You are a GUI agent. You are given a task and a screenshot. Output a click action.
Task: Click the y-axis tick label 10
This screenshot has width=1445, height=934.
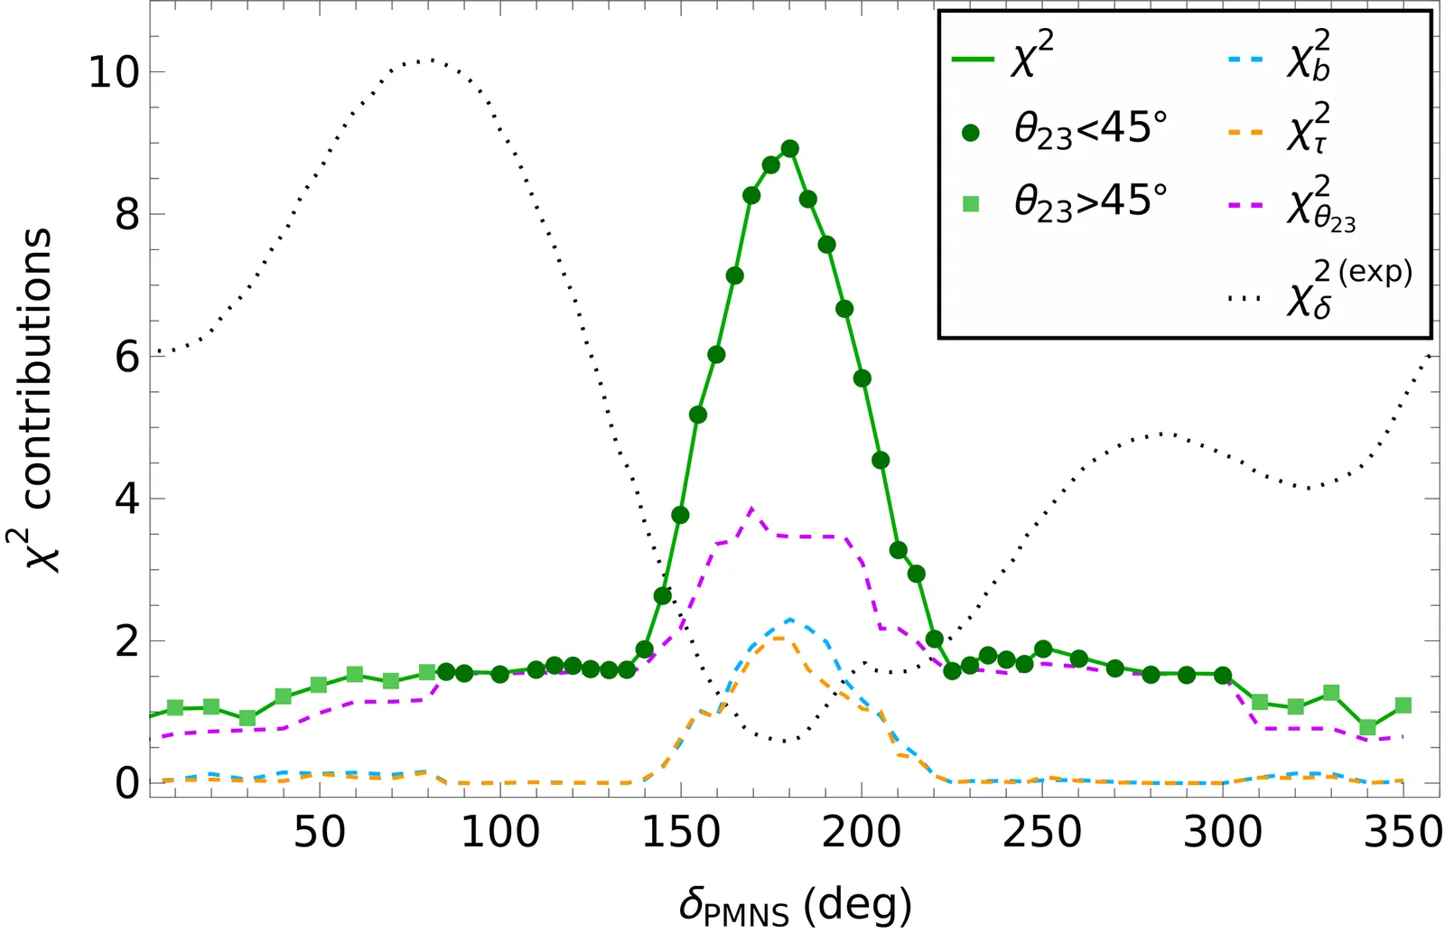coord(114,72)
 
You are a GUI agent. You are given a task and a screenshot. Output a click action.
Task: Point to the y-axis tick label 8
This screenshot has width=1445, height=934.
coord(127,215)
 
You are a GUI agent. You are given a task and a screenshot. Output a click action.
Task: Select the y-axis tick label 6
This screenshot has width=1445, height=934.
coord(127,358)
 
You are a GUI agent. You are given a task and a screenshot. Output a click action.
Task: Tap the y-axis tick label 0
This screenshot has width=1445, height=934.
coord(127,782)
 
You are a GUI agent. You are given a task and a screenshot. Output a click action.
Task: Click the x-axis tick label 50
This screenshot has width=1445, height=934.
coord(320,832)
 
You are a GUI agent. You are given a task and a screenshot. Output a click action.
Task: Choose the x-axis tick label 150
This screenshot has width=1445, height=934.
coord(681,832)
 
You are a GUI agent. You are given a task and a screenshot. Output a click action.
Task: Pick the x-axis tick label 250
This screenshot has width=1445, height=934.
coord(1042,832)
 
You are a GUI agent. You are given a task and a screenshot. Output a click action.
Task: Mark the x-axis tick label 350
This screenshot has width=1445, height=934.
coord(1403,832)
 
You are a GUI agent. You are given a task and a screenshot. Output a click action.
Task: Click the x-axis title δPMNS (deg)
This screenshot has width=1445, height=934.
coord(795,904)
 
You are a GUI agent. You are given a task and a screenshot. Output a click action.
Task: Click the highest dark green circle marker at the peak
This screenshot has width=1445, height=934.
coord(789,148)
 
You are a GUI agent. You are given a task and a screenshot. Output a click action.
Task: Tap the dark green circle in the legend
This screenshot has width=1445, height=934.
coord(971,133)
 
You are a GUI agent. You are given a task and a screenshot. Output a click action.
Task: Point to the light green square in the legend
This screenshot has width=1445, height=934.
coord(971,204)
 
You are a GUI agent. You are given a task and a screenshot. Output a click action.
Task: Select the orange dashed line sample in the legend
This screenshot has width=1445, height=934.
coord(1245,133)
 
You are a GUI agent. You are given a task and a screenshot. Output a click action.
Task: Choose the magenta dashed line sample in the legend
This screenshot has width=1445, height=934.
coord(1245,205)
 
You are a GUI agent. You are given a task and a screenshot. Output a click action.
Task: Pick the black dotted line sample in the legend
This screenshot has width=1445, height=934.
coord(1245,297)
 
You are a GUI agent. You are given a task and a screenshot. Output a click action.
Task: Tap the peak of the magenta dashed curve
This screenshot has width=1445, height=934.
coord(751,509)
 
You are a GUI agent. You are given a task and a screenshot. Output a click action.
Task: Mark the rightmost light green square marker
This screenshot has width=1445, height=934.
coord(1403,705)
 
